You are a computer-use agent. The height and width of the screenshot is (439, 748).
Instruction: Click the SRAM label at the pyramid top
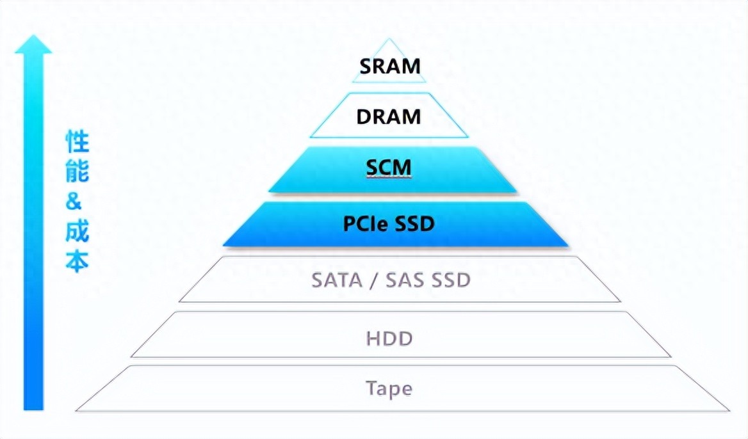click(x=389, y=66)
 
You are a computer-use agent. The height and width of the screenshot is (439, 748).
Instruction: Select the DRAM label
click(x=389, y=116)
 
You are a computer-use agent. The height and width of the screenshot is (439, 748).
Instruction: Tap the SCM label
click(x=388, y=168)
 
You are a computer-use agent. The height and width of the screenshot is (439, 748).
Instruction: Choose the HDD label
click(x=389, y=338)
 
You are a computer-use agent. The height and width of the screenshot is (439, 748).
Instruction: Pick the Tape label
click(x=389, y=388)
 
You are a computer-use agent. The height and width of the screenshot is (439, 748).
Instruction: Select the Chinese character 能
click(x=77, y=172)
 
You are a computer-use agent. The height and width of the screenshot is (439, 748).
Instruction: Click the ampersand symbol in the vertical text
click(x=75, y=202)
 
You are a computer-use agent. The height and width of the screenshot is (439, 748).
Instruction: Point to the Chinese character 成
click(x=77, y=231)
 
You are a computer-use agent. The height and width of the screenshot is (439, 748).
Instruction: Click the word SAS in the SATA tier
click(x=407, y=280)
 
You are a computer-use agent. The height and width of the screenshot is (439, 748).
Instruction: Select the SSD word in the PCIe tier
click(x=414, y=224)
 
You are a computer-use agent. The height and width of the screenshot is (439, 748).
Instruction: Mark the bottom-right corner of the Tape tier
click(x=729, y=410)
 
